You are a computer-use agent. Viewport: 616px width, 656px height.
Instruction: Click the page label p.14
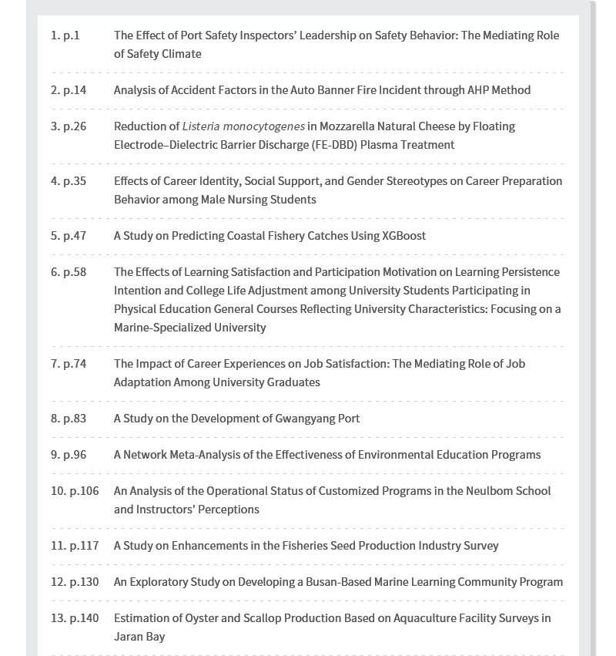(x=75, y=90)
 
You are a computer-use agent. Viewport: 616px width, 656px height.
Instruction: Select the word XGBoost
(x=403, y=236)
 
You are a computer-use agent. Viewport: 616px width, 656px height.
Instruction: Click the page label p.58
(x=75, y=272)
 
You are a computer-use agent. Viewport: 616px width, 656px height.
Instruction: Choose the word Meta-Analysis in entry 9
(x=216, y=455)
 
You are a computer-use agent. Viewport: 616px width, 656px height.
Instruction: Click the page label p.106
(x=84, y=491)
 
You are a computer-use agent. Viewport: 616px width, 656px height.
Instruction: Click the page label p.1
(x=72, y=35)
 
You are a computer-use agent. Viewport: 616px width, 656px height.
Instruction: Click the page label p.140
(x=84, y=618)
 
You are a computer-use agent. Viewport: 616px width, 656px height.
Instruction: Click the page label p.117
(x=84, y=546)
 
